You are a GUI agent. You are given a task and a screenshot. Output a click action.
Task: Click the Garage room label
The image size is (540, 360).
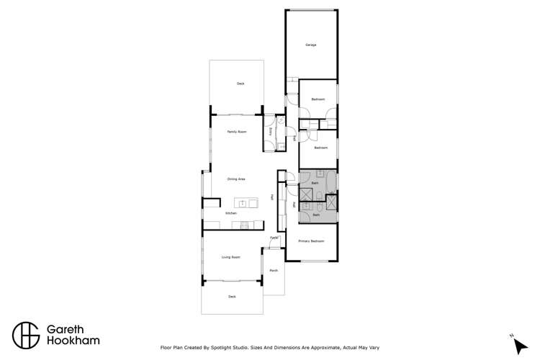point(311,45)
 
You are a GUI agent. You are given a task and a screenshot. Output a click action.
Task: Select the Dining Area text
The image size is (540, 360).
point(237,179)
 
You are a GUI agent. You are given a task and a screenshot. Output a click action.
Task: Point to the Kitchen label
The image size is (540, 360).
point(231,213)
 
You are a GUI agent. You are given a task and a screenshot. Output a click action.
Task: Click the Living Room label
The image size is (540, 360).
point(230,256)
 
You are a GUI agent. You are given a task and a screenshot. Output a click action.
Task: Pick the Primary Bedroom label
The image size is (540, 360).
point(311,241)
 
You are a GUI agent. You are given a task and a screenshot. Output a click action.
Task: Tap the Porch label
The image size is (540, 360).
point(274,271)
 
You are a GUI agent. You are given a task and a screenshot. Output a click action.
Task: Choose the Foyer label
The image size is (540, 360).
point(274,238)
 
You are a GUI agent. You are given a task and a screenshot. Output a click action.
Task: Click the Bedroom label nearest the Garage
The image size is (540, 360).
point(318,99)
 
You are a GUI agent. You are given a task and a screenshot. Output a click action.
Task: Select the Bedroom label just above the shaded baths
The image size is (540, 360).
point(320,148)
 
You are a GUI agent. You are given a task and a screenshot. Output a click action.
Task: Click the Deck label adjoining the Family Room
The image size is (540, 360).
point(240,84)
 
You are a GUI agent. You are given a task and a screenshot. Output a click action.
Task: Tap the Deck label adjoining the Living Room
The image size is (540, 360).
point(232,296)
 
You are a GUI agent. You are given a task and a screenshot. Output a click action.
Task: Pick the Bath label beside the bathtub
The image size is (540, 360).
point(315,184)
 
